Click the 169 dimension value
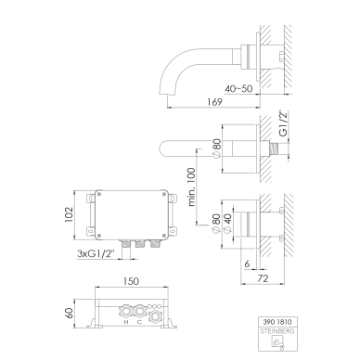215,102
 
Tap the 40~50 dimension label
238,89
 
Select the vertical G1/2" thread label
283,123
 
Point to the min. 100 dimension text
192,186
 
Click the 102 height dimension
69,214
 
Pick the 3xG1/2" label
96,253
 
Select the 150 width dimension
131,281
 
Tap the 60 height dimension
69,313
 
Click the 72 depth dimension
263,278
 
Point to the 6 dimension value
247,264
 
